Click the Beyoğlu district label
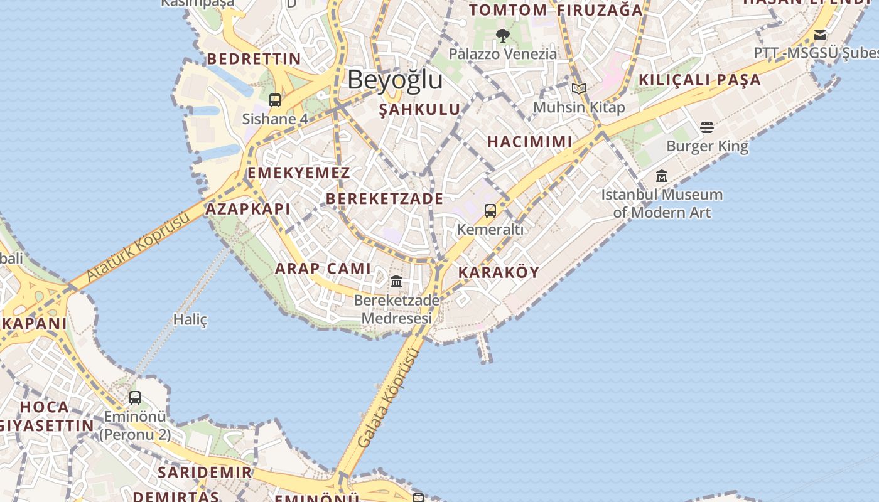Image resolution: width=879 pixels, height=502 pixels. coord(395,80)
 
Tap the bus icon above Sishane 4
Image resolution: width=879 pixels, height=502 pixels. coord(275,100)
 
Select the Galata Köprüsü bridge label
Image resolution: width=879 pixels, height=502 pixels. coord(387,398)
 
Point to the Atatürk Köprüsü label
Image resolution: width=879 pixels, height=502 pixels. coord(138,247)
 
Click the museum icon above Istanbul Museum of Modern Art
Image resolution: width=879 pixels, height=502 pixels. coord(662,176)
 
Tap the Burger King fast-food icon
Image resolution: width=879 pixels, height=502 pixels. coord(707,127)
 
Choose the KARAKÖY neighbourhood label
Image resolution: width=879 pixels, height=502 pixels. coord(499,272)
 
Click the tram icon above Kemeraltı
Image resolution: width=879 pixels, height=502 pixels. coord(490,211)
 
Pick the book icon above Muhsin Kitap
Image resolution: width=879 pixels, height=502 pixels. coord(579,89)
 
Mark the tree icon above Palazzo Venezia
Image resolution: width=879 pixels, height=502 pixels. coord(502,35)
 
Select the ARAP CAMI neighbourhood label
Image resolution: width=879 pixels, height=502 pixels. coord(323,269)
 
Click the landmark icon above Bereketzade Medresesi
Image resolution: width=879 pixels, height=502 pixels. coord(396,281)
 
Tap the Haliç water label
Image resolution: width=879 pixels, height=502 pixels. coord(190,319)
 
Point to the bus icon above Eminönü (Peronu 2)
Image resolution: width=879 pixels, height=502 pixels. coord(135,397)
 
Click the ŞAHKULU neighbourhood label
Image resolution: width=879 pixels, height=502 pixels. coord(419,109)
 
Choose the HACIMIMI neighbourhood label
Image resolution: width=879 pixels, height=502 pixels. coord(530,142)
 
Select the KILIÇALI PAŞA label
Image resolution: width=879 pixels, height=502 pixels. coord(699,80)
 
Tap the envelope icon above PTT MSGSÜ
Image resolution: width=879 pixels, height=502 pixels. coord(820,35)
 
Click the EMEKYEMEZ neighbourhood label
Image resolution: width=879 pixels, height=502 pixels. coord(298,173)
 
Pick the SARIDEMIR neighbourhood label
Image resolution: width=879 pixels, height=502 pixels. coord(205,472)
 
